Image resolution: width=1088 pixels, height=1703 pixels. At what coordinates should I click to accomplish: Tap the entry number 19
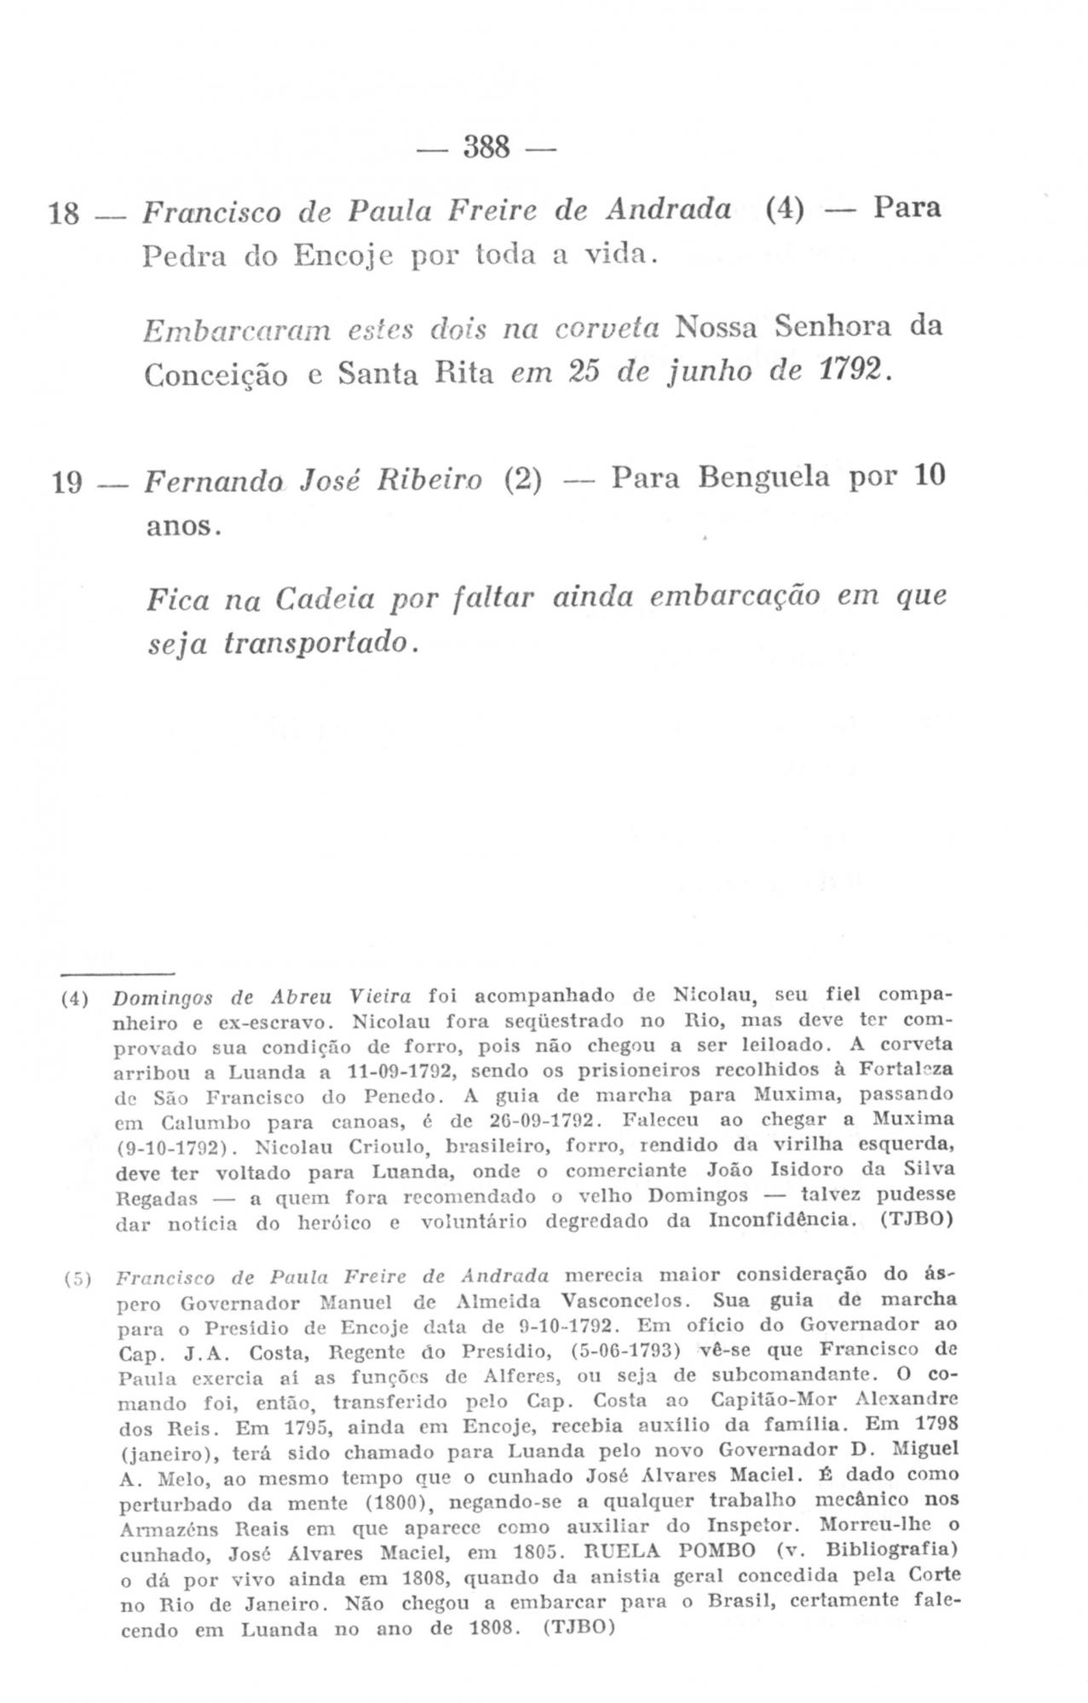(x=67, y=483)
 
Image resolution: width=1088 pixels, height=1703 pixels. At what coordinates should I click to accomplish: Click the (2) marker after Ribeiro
(x=523, y=479)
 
